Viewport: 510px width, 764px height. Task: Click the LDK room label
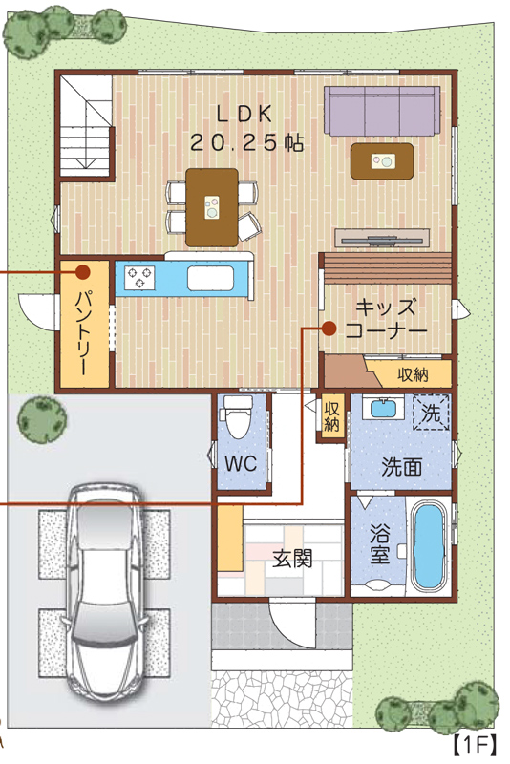coord(244,114)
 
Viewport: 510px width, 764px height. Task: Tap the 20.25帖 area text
coord(246,142)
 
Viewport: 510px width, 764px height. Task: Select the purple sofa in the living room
coord(382,111)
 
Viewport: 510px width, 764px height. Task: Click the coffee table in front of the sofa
coord(382,161)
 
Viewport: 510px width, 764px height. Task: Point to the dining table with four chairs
coord(212,207)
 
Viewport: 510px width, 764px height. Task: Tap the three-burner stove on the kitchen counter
coord(140,278)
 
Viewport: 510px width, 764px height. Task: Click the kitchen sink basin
coord(211,279)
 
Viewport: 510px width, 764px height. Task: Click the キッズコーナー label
coord(386,319)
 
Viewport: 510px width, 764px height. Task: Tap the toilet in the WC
coord(237,415)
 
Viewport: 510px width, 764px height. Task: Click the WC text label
coord(241,463)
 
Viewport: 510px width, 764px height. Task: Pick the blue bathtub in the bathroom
coord(429,545)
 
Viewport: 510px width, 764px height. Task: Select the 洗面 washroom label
coord(401,467)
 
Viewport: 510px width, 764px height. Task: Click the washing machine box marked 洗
coord(431,413)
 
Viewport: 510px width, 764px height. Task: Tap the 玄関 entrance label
coord(292,559)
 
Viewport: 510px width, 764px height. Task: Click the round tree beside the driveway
coord(42,420)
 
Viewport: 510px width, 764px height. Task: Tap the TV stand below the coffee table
coord(382,238)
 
